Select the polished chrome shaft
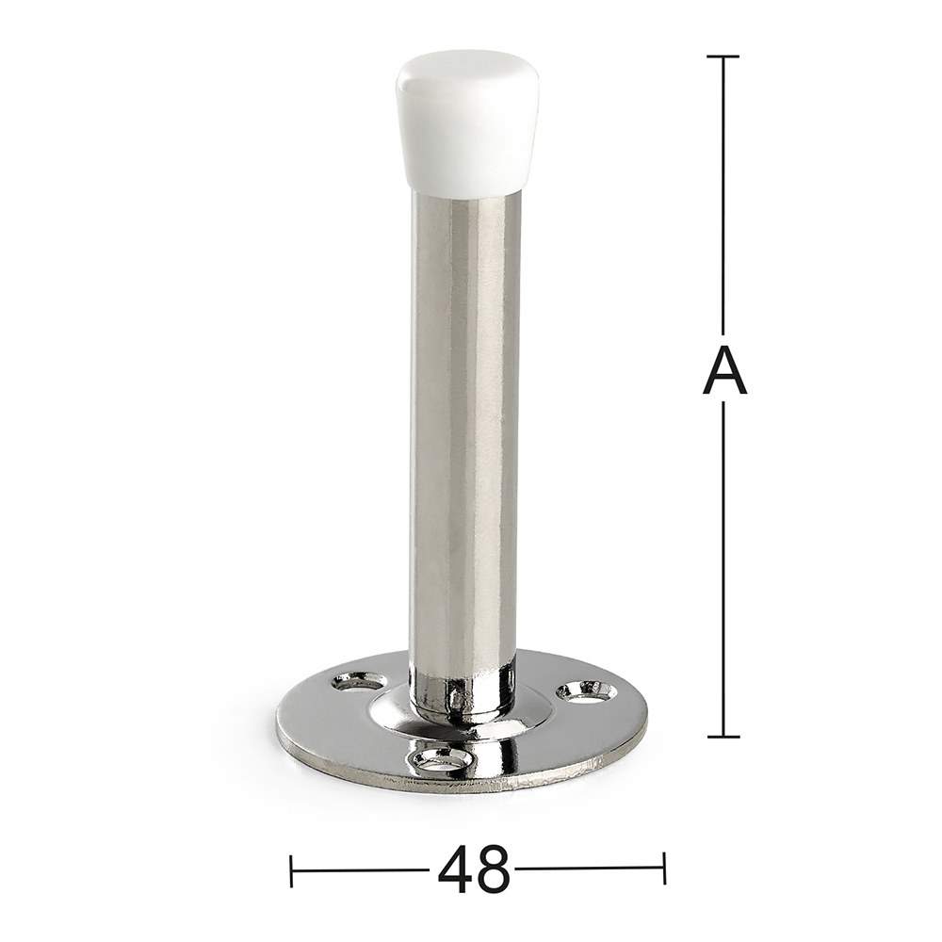(x=465, y=424)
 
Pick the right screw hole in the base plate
(x=587, y=693)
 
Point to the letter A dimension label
(x=724, y=370)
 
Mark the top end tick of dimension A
(x=723, y=57)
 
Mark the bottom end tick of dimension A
(x=723, y=737)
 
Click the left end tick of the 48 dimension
(x=292, y=869)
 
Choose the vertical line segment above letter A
(x=723, y=198)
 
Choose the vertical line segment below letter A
(x=723, y=565)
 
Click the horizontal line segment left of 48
(x=363, y=869)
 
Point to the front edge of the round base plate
(x=462, y=782)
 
